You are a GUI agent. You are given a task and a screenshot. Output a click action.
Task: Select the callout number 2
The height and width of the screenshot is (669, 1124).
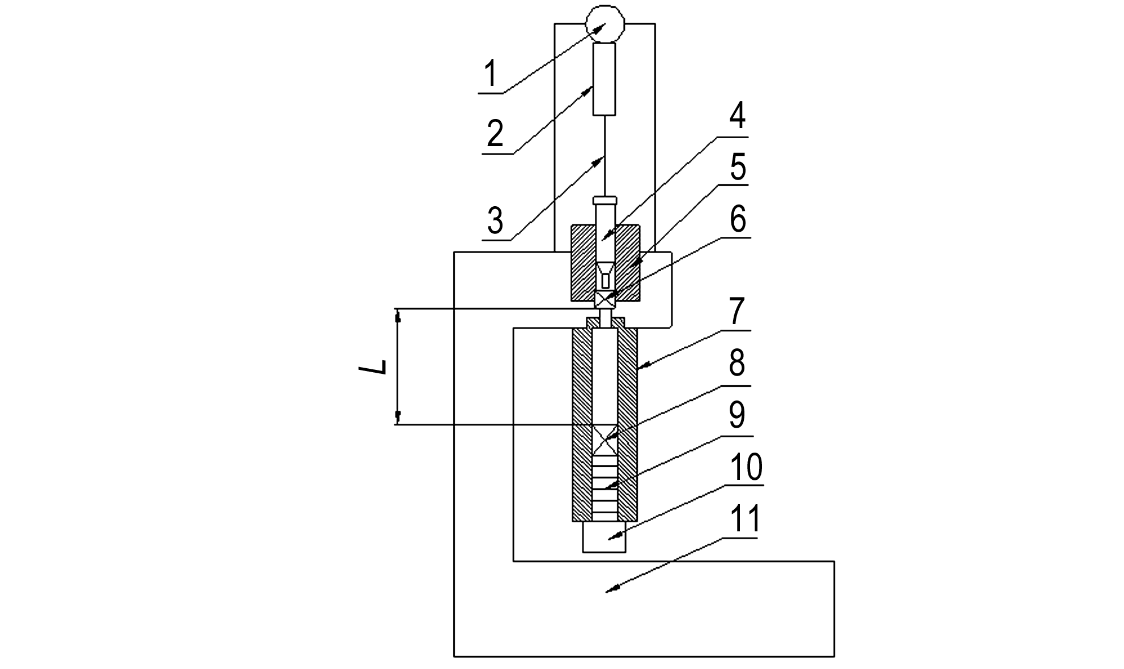tap(495, 134)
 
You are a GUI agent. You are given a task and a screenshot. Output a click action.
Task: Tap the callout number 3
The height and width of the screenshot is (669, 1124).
tap(495, 221)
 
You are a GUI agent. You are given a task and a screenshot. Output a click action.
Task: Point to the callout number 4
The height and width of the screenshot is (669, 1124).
tap(736, 116)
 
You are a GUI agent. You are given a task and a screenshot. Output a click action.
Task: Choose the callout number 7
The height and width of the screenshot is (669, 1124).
tap(736, 311)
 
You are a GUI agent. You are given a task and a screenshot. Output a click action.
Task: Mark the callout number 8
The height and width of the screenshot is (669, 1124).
tap(736, 363)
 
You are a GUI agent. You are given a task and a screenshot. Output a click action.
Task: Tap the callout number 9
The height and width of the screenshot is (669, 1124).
tap(736, 416)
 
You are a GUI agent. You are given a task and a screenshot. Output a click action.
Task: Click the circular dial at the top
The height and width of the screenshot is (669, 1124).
tap(604, 24)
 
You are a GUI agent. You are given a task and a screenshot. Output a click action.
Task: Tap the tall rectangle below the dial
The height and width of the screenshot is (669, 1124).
tap(604, 79)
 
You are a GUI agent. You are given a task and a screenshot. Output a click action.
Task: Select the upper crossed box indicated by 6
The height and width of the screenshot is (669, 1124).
tap(605, 300)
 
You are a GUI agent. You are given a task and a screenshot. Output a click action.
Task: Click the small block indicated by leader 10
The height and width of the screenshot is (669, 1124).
tap(604, 536)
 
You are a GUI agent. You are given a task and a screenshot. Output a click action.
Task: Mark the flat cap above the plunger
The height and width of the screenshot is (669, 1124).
tap(604, 200)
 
